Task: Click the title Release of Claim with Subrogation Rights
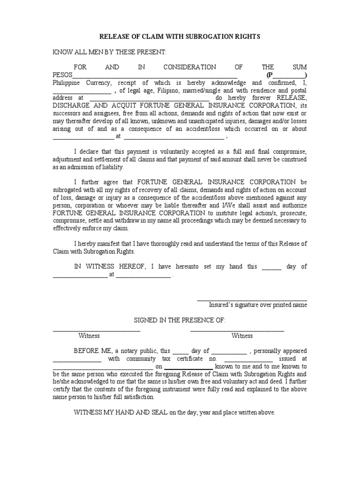coord(180,37)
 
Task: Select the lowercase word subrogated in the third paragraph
coord(68,189)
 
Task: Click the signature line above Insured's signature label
coord(252,300)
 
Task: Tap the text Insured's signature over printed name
coord(258,305)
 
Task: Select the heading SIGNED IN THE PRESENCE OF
coord(180,320)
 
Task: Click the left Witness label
coord(89,336)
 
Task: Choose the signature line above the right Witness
coord(237,330)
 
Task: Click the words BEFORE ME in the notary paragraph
coord(91,351)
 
